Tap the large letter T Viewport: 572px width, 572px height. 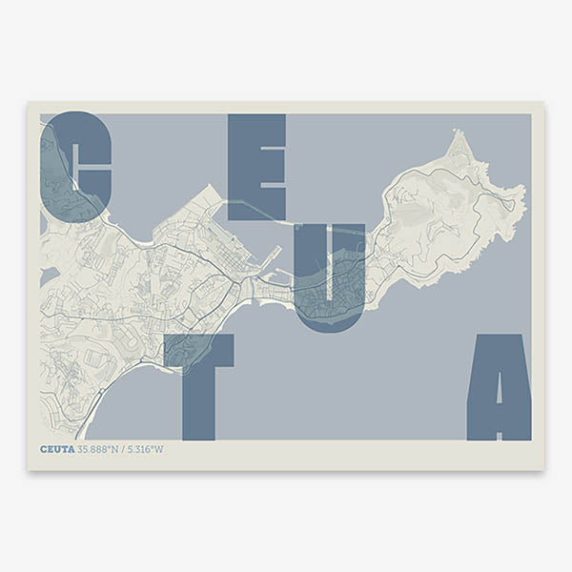[198, 381]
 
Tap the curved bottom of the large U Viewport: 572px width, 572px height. [329, 319]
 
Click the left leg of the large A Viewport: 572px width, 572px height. [478, 410]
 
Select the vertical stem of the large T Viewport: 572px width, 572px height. [198, 400]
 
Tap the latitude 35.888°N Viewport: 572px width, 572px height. [99, 449]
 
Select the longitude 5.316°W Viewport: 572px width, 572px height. [146, 449]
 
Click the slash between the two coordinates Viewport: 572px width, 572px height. [124, 449]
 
